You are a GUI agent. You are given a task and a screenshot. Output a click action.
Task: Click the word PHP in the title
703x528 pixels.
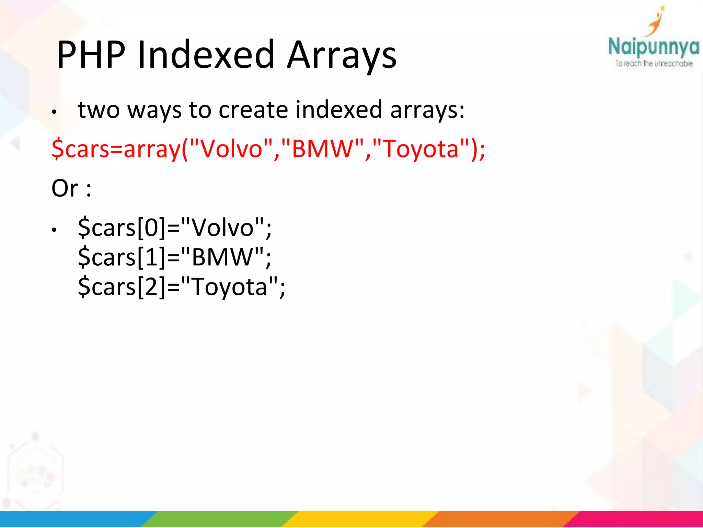pos(91,55)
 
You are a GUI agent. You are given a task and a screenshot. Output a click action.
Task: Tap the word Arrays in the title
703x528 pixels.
pos(342,55)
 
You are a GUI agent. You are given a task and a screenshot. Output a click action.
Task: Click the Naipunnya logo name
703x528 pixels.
pos(654,47)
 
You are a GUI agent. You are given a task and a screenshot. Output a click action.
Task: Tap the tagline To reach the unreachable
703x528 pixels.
pos(654,64)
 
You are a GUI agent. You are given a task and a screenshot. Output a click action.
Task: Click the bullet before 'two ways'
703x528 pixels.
pos(54,112)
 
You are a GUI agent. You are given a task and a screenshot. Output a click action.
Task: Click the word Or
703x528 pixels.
pos(65,188)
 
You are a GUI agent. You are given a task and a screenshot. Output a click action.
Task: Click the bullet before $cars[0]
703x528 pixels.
pos(54,230)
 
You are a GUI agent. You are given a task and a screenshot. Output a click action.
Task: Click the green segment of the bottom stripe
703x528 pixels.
pos(220,519)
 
